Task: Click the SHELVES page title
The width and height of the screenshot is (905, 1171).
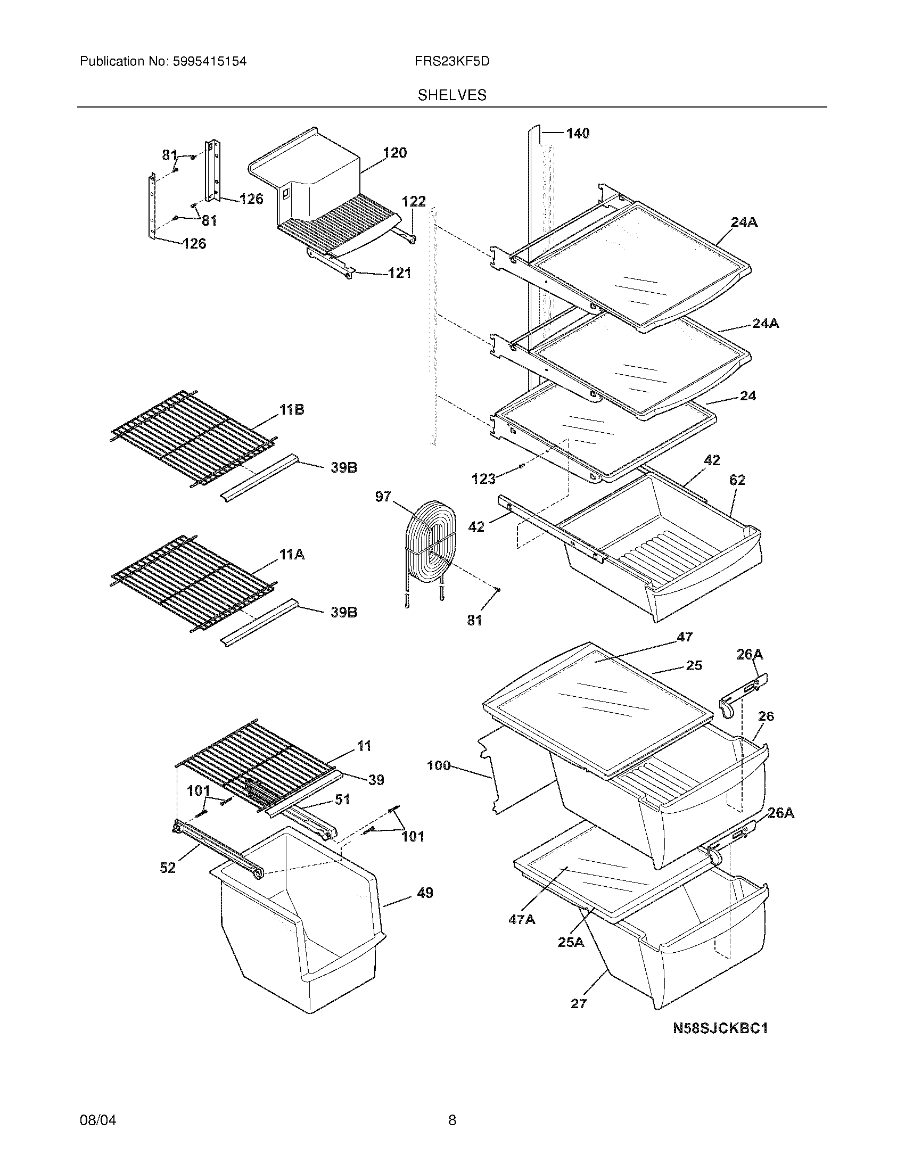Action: (x=452, y=95)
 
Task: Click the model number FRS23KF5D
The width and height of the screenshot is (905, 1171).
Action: (x=452, y=62)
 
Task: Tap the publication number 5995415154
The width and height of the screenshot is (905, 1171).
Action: (x=209, y=62)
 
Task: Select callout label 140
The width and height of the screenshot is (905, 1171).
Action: (x=578, y=134)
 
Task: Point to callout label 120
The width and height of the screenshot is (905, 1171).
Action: (x=395, y=153)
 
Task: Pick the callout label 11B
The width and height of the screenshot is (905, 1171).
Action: (x=291, y=410)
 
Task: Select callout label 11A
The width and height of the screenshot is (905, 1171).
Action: (x=291, y=555)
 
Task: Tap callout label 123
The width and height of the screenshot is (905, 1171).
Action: (x=483, y=479)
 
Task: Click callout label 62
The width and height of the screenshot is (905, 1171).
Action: (x=737, y=480)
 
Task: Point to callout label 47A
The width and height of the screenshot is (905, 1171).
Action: (x=522, y=920)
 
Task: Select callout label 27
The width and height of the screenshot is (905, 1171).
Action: (x=579, y=1004)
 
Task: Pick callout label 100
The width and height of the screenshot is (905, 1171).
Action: (x=439, y=765)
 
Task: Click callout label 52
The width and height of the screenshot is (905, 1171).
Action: (x=168, y=868)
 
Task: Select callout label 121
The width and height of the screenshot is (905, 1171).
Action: (x=399, y=273)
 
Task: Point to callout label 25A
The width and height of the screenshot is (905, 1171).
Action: (x=571, y=942)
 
